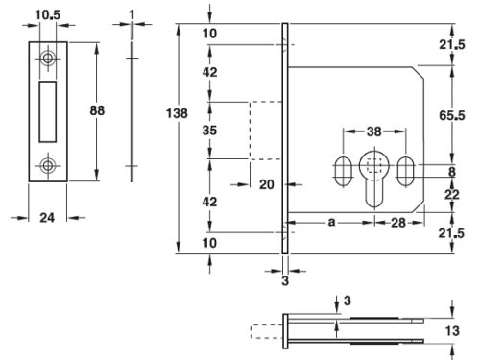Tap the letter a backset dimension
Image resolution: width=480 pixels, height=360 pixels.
330,222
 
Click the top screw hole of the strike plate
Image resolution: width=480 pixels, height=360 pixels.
47,59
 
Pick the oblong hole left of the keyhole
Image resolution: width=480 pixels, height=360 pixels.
341,173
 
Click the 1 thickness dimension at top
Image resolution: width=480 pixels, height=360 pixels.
130,13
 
